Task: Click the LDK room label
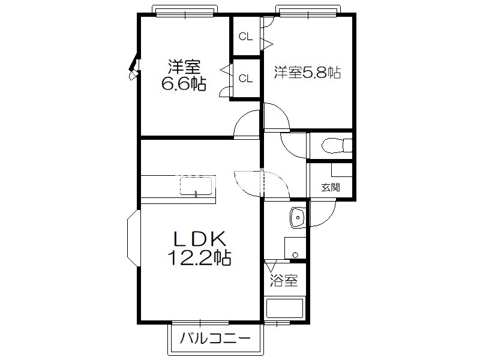(x=200, y=239)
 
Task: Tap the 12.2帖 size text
(x=199, y=258)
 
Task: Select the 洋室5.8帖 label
(x=307, y=73)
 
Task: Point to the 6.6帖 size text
(x=184, y=83)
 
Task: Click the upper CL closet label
(x=245, y=37)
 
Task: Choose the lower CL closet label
(x=245, y=79)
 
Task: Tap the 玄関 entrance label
(x=331, y=187)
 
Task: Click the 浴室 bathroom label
(x=284, y=280)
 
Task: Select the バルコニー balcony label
(x=215, y=338)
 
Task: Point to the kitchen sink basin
(x=196, y=186)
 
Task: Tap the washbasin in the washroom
(x=298, y=218)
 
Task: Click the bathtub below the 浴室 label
(x=284, y=308)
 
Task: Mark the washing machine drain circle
(x=295, y=254)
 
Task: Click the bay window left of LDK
(x=133, y=238)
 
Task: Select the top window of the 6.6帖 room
(x=185, y=11)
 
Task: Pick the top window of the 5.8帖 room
(x=308, y=11)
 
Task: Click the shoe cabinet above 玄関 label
(x=341, y=170)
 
